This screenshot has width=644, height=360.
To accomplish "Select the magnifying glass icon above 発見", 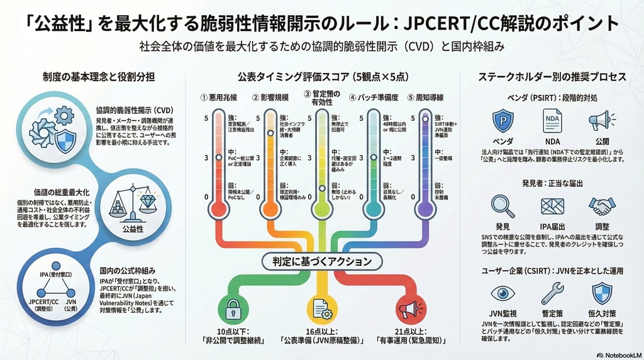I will click(x=503, y=206).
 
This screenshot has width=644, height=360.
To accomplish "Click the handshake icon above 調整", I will click(x=602, y=206).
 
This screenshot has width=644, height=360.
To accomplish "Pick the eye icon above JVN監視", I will click(x=503, y=293).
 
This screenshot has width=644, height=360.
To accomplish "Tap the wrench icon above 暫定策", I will click(x=552, y=293).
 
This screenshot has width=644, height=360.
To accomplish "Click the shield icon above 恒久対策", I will click(x=602, y=293).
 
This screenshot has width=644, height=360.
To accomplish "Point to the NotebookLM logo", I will click(x=618, y=354).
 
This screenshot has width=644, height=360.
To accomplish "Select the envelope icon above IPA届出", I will click(x=552, y=206).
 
